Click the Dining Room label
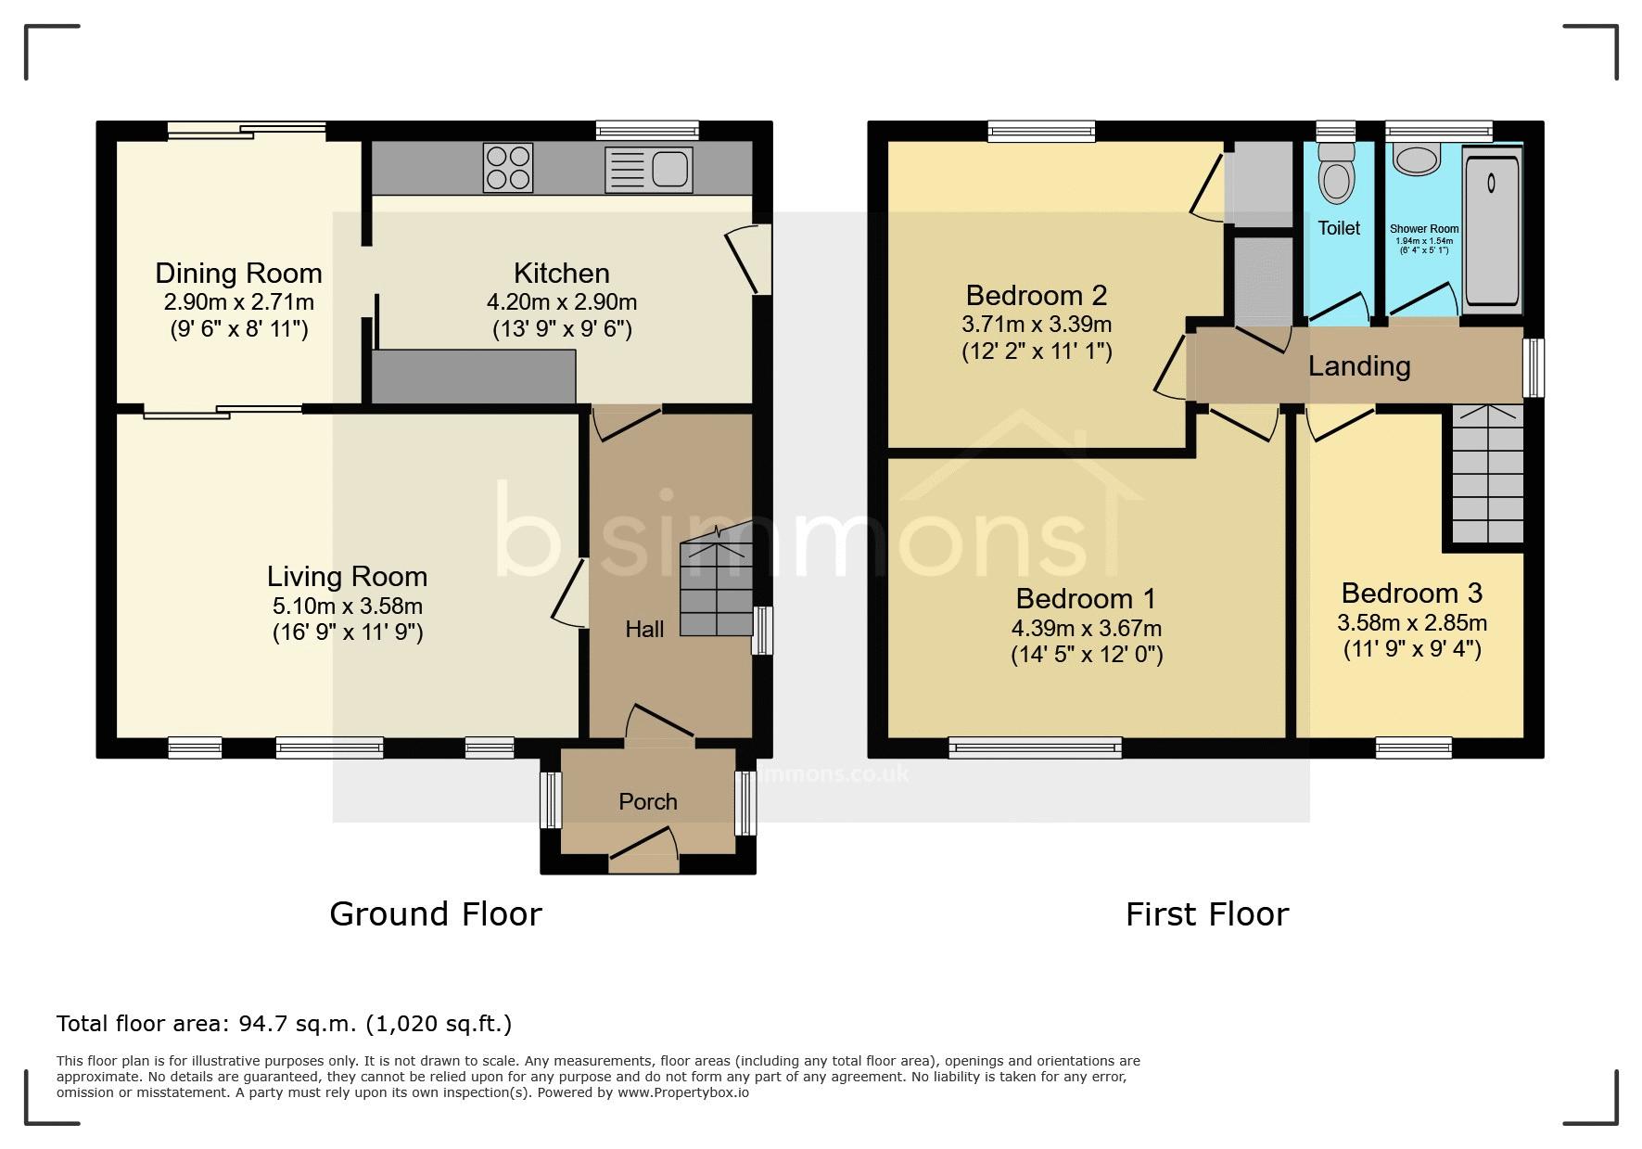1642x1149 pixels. [x=238, y=273]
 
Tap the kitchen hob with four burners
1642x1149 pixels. [x=508, y=168]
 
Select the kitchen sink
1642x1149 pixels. [x=648, y=169]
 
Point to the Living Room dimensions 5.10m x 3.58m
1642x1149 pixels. [x=348, y=606]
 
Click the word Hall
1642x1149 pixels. [x=644, y=630]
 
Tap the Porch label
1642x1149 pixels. [x=648, y=801]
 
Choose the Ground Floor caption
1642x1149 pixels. [x=436, y=914]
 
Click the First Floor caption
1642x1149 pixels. [x=1207, y=914]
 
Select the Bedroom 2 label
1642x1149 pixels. [x=1037, y=295]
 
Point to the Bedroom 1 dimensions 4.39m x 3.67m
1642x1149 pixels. [x=1087, y=628]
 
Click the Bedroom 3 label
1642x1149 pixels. [x=1412, y=593]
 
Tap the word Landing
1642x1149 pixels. [x=1359, y=366]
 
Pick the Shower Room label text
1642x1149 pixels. [x=1424, y=229]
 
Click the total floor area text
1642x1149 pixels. [x=284, y=1024]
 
